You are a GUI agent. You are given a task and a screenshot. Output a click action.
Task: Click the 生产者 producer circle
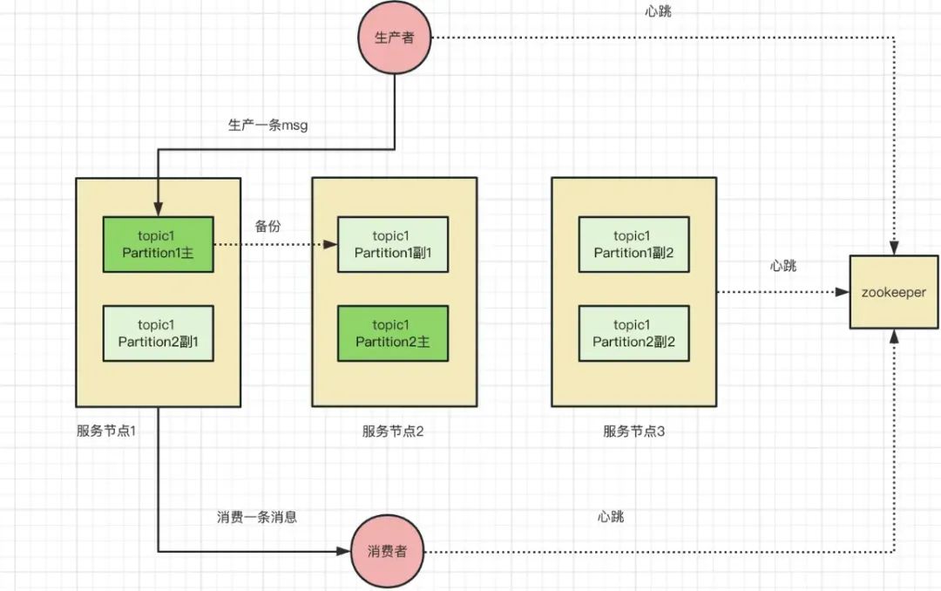tap(395, 37)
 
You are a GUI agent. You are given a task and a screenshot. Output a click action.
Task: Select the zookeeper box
tap(895, 293)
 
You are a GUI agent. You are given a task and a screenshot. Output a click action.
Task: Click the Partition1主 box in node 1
tap(158, 245)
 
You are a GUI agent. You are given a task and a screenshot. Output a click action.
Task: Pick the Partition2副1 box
tap(158, 333)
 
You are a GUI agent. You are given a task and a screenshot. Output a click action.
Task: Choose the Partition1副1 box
tap(393, 245)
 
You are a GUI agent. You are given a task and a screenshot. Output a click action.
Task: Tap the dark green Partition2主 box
tap(393, 333)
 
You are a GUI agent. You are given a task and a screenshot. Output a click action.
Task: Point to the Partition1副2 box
tap(633, 245)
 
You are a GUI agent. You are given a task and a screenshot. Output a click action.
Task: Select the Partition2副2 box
tap(633, 333)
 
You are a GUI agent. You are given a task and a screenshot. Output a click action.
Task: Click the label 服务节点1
tap(107, 431)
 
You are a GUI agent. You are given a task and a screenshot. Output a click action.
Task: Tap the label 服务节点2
tap(393, 431)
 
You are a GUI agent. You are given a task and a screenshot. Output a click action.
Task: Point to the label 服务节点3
tap(633, 431)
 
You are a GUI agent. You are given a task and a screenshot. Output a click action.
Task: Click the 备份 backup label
tap(268, 226)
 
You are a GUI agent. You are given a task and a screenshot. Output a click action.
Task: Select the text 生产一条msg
tap(267, 125)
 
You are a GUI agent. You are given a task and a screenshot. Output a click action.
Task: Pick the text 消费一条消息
tap(257, 517)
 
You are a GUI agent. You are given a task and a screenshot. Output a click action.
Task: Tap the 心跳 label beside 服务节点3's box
tap(783, 266)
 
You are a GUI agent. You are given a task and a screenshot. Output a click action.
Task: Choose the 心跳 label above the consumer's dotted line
tap(611, 517)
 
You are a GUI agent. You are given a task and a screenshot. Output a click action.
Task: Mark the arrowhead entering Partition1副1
tap(331, 245)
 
